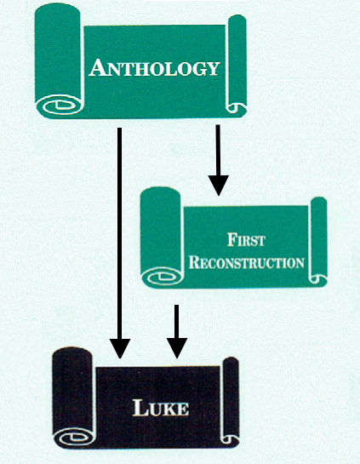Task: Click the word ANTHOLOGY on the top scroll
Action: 154,68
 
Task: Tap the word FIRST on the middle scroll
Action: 246,240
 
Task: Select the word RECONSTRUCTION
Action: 247,262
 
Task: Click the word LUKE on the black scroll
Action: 161,408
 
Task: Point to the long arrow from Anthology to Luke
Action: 120,243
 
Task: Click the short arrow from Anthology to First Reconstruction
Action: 219,160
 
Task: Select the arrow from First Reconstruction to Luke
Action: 177,331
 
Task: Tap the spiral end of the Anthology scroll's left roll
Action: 60,105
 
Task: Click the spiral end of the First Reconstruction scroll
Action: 162,277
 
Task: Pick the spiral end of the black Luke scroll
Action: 74,437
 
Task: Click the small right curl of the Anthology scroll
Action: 236,107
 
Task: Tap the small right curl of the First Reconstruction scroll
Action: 317,278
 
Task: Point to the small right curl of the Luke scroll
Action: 230,439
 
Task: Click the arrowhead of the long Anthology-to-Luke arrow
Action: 120,348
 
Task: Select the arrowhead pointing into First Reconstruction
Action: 219,186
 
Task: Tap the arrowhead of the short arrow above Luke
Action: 177,348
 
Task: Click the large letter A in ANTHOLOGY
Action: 98,68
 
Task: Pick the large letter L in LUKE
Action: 140,408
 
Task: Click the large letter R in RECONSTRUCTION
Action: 195,262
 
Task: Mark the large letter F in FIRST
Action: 232,240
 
